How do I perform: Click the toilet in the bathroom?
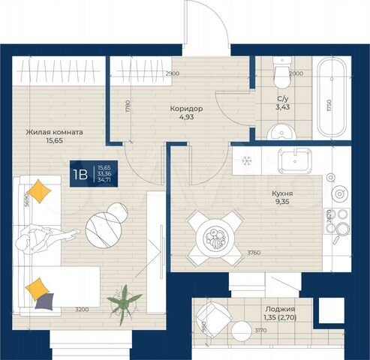(x=281, y=76)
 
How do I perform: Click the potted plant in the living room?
(x=125, y=304)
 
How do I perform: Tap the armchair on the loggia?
(x=218, y=319)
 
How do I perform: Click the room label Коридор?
(x=186, y=108)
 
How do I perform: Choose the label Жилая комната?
(x=54, y=132)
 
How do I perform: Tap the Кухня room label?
(x=282, y=192)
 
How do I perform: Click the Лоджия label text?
(x=279, y=308)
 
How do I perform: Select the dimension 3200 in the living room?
(x=81, y=308)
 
